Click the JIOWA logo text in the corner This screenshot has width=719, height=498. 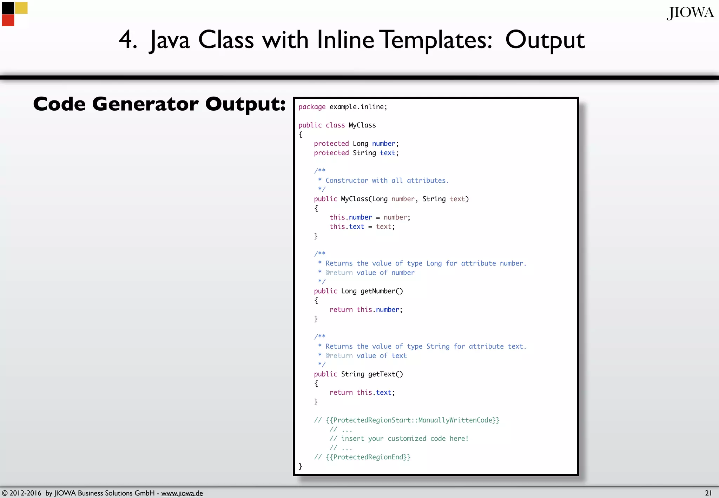coord(690,13)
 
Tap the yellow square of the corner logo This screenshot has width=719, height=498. coord(21,8)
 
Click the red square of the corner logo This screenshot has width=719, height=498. coord(8,20)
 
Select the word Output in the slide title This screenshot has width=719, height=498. coord(545,40)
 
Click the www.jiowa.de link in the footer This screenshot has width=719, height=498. coord(182,493)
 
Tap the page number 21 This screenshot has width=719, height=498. coord(708,493)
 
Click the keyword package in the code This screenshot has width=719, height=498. coord(312,107)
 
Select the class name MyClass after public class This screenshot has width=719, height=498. coord(362,125)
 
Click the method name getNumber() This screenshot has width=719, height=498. coord(382,291)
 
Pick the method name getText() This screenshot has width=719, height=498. coord(385,374)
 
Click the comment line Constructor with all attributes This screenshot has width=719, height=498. coord(387,181)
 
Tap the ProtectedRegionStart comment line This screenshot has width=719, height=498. coord(407,420)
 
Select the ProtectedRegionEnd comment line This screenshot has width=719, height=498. coord(362,457)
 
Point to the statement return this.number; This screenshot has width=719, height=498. coord(366,309)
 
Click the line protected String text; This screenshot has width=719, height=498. coord(356,153)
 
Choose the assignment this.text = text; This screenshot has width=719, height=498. coord(362,227)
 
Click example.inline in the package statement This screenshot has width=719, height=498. coord(358,107)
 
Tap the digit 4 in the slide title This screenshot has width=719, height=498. coord(127,39)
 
